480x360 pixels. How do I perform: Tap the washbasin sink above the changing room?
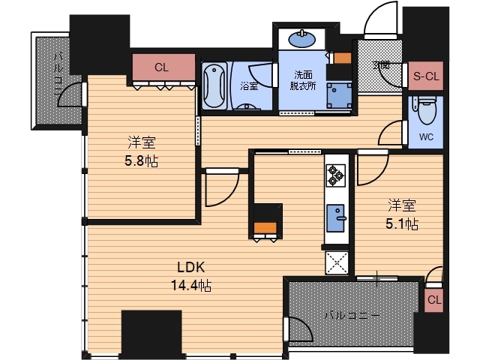click(x=301, y=40)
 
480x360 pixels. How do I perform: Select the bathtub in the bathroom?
click(x=214, y=85)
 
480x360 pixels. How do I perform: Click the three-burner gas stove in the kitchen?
click(x=336, y=175)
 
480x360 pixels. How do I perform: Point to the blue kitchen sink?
click(x=336, y=218)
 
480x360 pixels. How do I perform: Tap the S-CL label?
click(x=426, y=76)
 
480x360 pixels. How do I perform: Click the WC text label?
click(x=426, y=136)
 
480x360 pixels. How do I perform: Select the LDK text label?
click(x=191, y=267)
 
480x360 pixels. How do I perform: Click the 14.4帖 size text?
click(x=191, y=285)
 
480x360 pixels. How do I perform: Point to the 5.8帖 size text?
click(x=142, y=160)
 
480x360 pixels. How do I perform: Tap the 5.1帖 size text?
click(x=402, y=223)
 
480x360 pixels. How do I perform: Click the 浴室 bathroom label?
click(x=249, y=86)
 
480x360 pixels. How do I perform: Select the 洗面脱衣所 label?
click(x=303, y=80)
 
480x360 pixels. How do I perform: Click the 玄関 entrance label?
click(x=381, y=65)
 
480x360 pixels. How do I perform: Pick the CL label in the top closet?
click(x=162, y=67)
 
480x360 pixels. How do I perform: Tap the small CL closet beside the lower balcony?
click(x=434, y=300)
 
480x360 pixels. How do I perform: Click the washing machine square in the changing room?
click(x=339, y=95)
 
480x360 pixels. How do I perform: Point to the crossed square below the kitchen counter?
click(x=337, y=262)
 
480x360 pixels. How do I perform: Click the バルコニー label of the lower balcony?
click(x=352, y=315)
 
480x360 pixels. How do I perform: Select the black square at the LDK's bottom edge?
click(x=151, y=334)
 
